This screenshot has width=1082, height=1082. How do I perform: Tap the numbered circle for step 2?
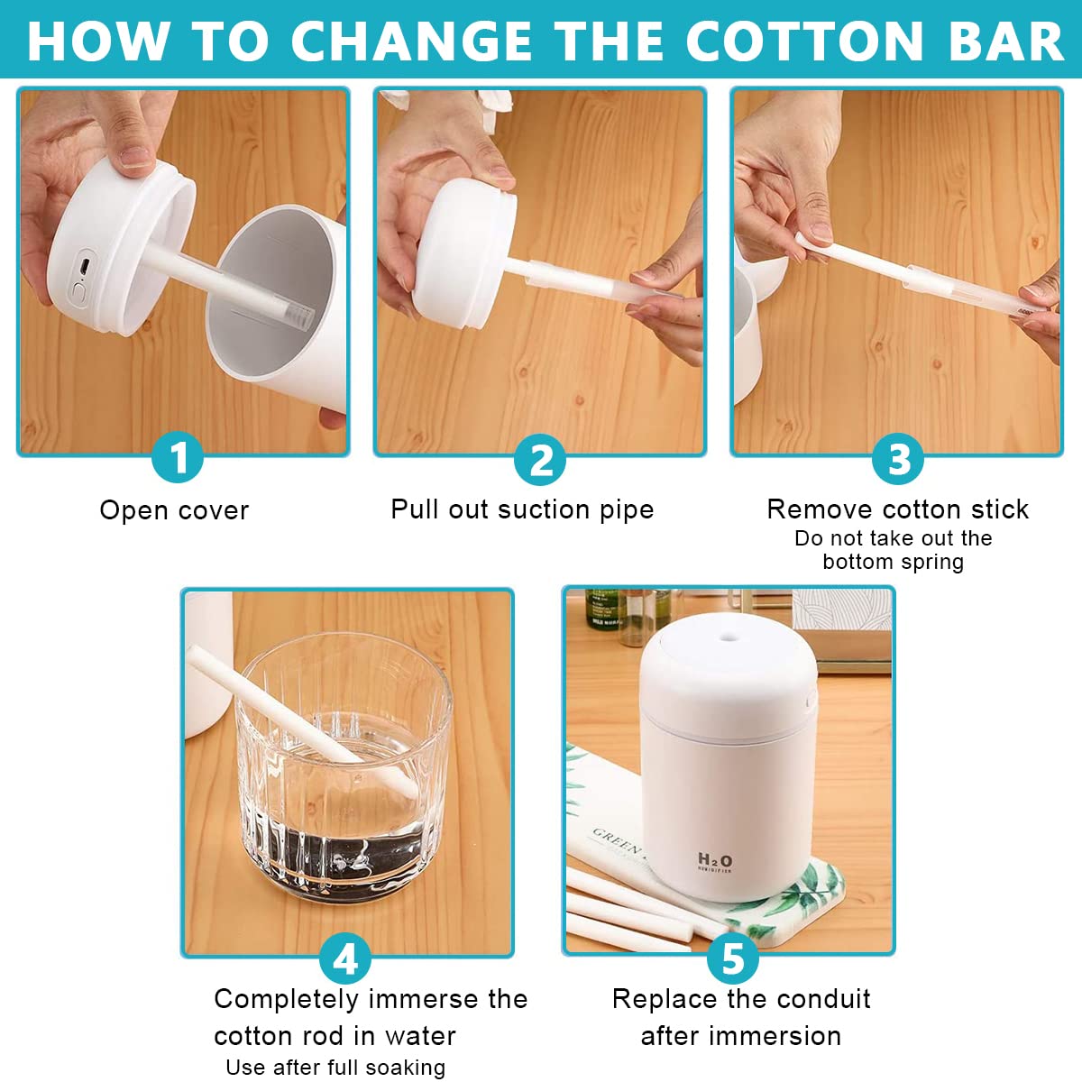[540, 460]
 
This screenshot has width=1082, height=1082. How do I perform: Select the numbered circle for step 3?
[898, 460]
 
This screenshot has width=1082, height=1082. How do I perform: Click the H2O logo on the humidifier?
[715, 860]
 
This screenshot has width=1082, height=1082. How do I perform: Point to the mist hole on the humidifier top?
[729, 637]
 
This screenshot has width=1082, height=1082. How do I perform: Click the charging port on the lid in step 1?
[84, 266]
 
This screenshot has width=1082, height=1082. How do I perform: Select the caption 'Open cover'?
[174, 510]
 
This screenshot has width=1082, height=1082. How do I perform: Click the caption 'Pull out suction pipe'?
[522, 509]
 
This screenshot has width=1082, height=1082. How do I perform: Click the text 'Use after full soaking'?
[335, 1068]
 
